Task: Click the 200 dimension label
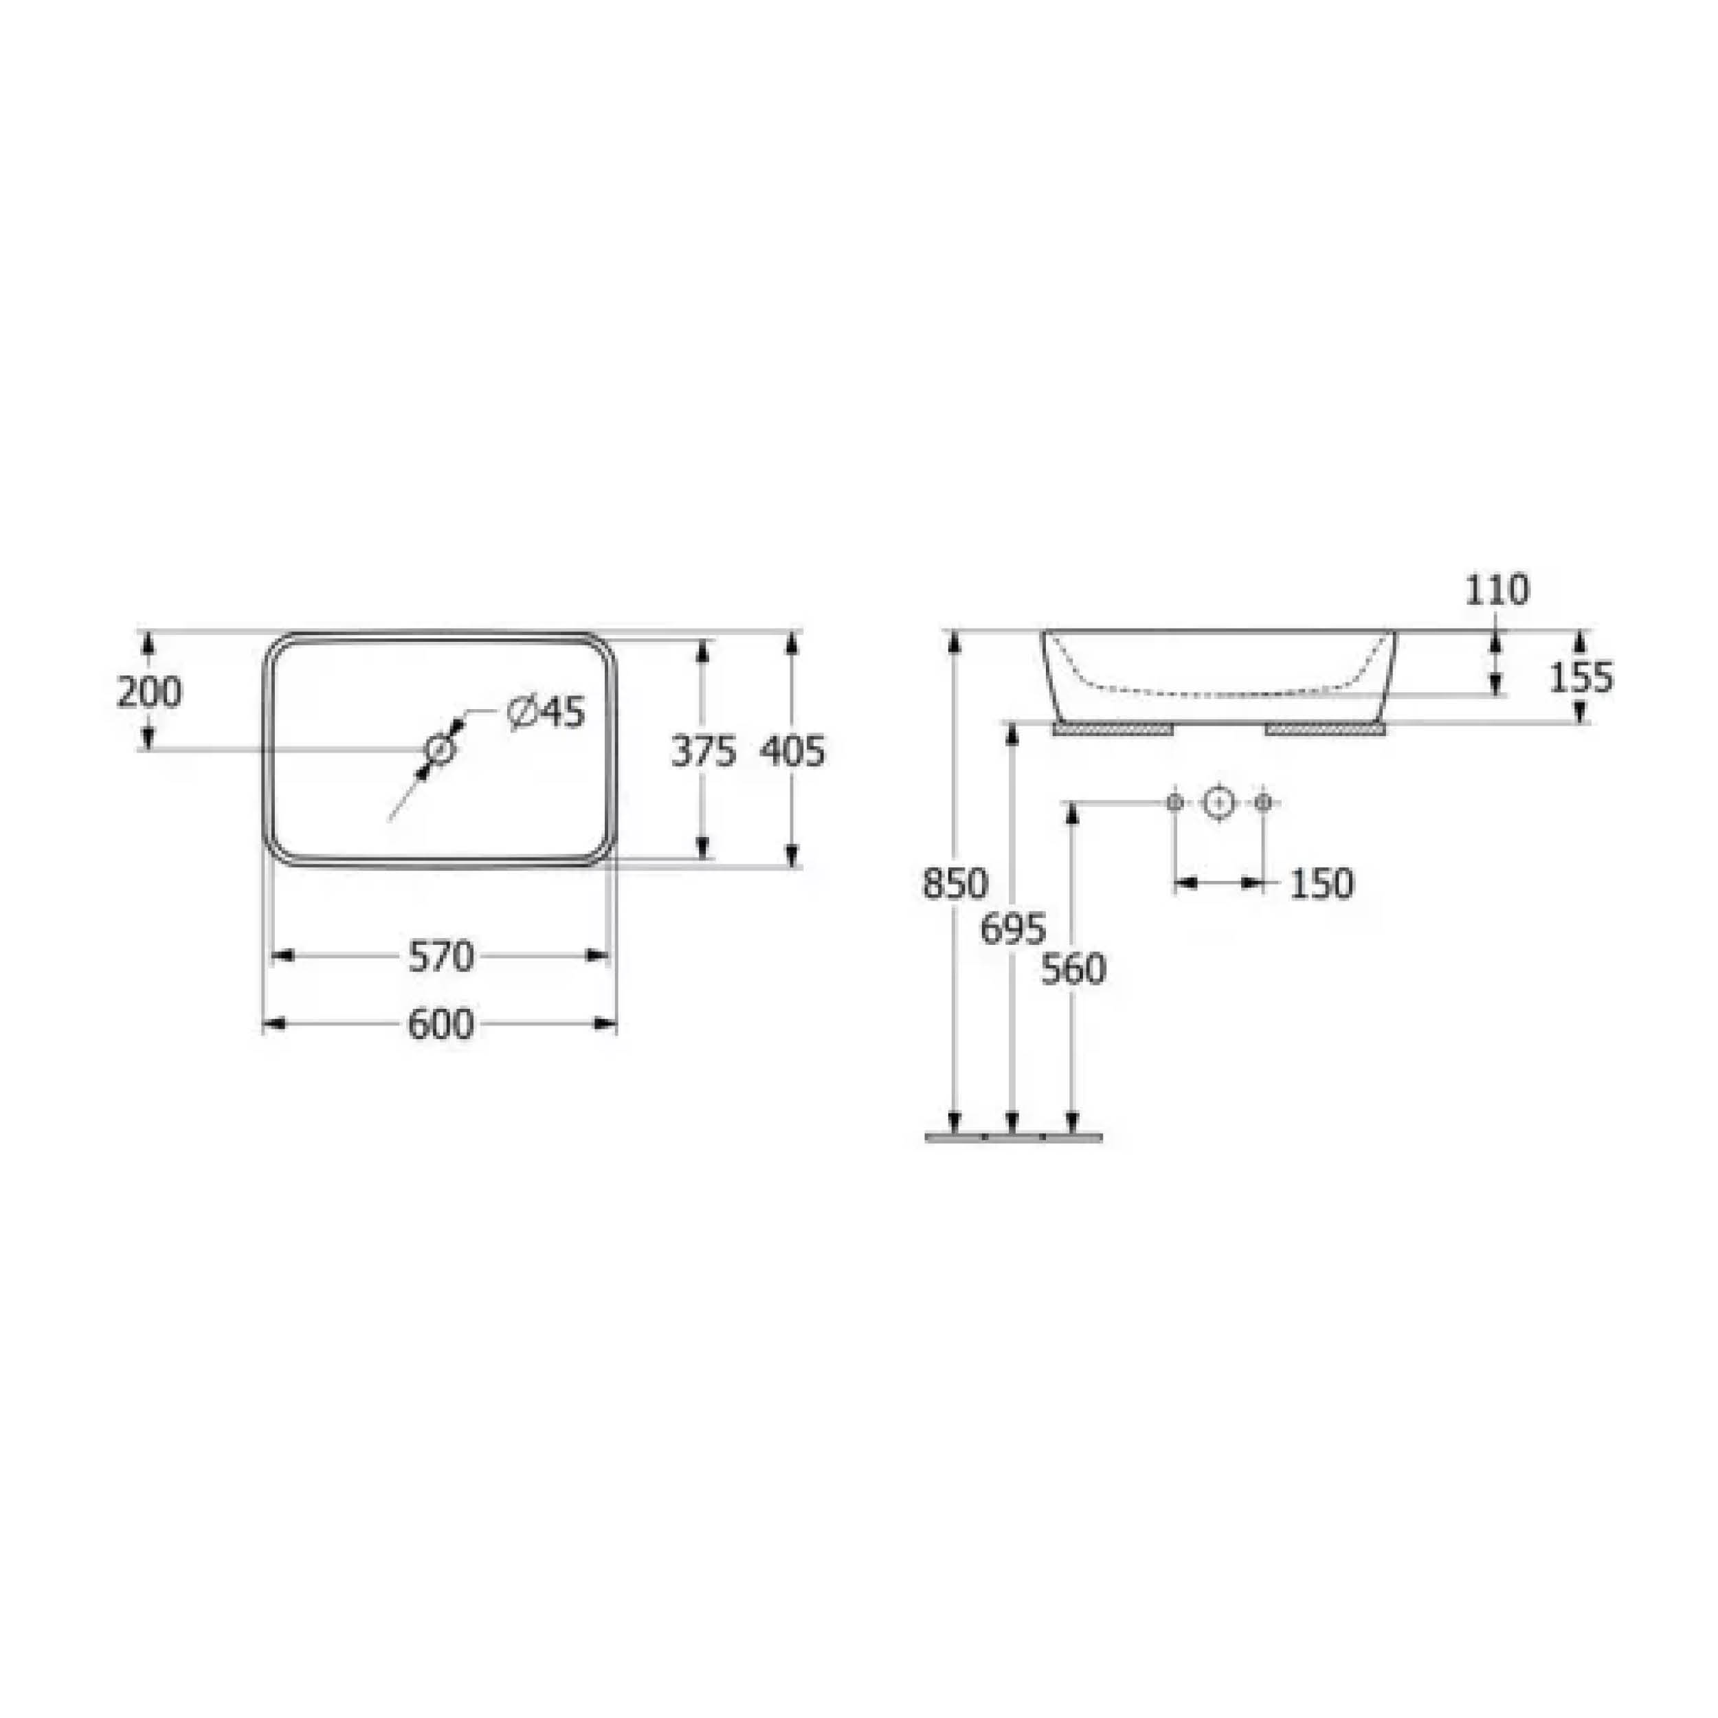click(x=149, y=692)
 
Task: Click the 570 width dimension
click(x=441, y=957)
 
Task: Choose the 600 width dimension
click(x=441, y=1025)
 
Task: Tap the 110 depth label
click(x=1497, y=590)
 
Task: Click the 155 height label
click(x=1581, y=678)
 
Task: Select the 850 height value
click(x=955, y=884)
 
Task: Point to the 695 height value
click(x=1014, y=929)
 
